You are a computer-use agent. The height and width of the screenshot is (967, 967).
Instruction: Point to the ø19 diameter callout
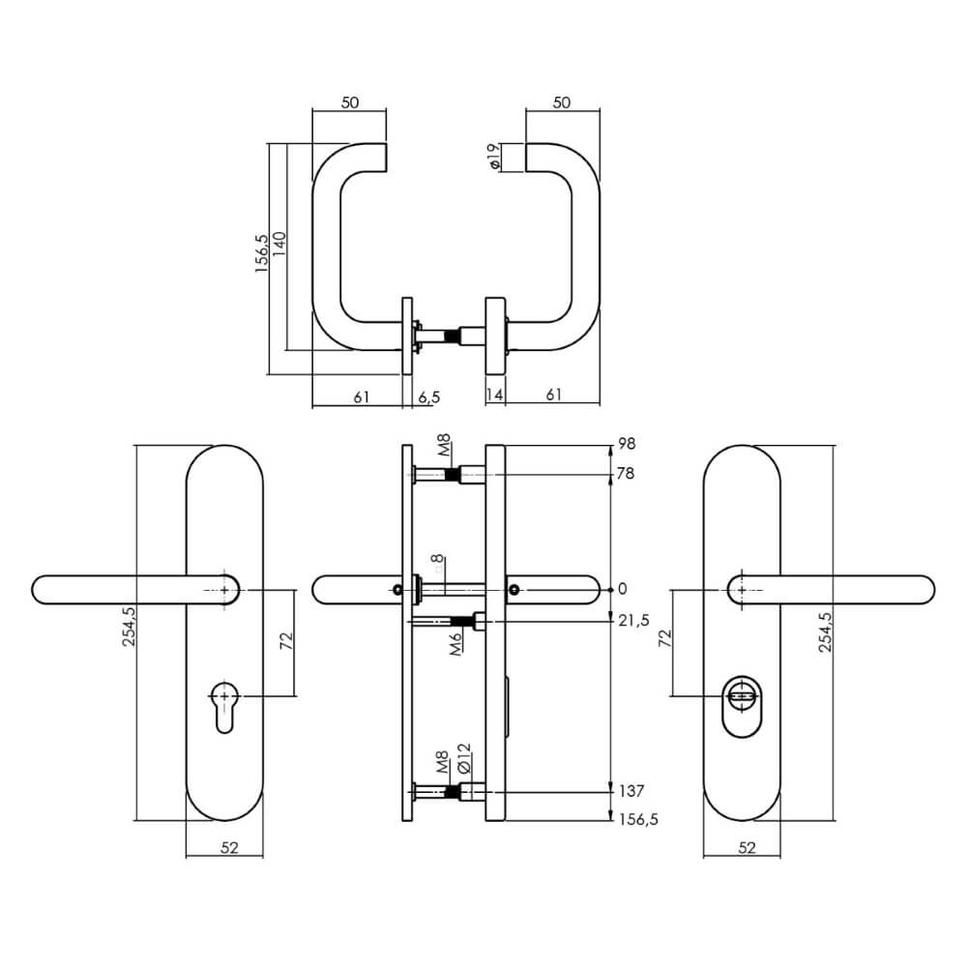pos(494,157)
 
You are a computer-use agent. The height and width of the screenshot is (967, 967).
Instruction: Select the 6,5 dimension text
pos(427,396)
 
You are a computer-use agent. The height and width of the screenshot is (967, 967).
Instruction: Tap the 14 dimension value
pos(495,396)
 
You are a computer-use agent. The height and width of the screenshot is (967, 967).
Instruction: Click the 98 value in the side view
pos(627,445)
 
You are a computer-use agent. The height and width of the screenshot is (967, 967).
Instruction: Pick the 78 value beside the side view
pos(627,474)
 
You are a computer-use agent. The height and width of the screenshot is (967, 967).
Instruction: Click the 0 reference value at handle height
pos(622,589)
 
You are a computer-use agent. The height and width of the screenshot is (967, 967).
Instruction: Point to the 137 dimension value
pos(630,790)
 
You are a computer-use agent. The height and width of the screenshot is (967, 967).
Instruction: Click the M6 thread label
pos(454,642)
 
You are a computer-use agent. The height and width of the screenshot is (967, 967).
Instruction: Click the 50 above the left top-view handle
pos(349,103)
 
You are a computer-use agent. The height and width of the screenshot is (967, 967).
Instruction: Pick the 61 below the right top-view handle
pos(555,396)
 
